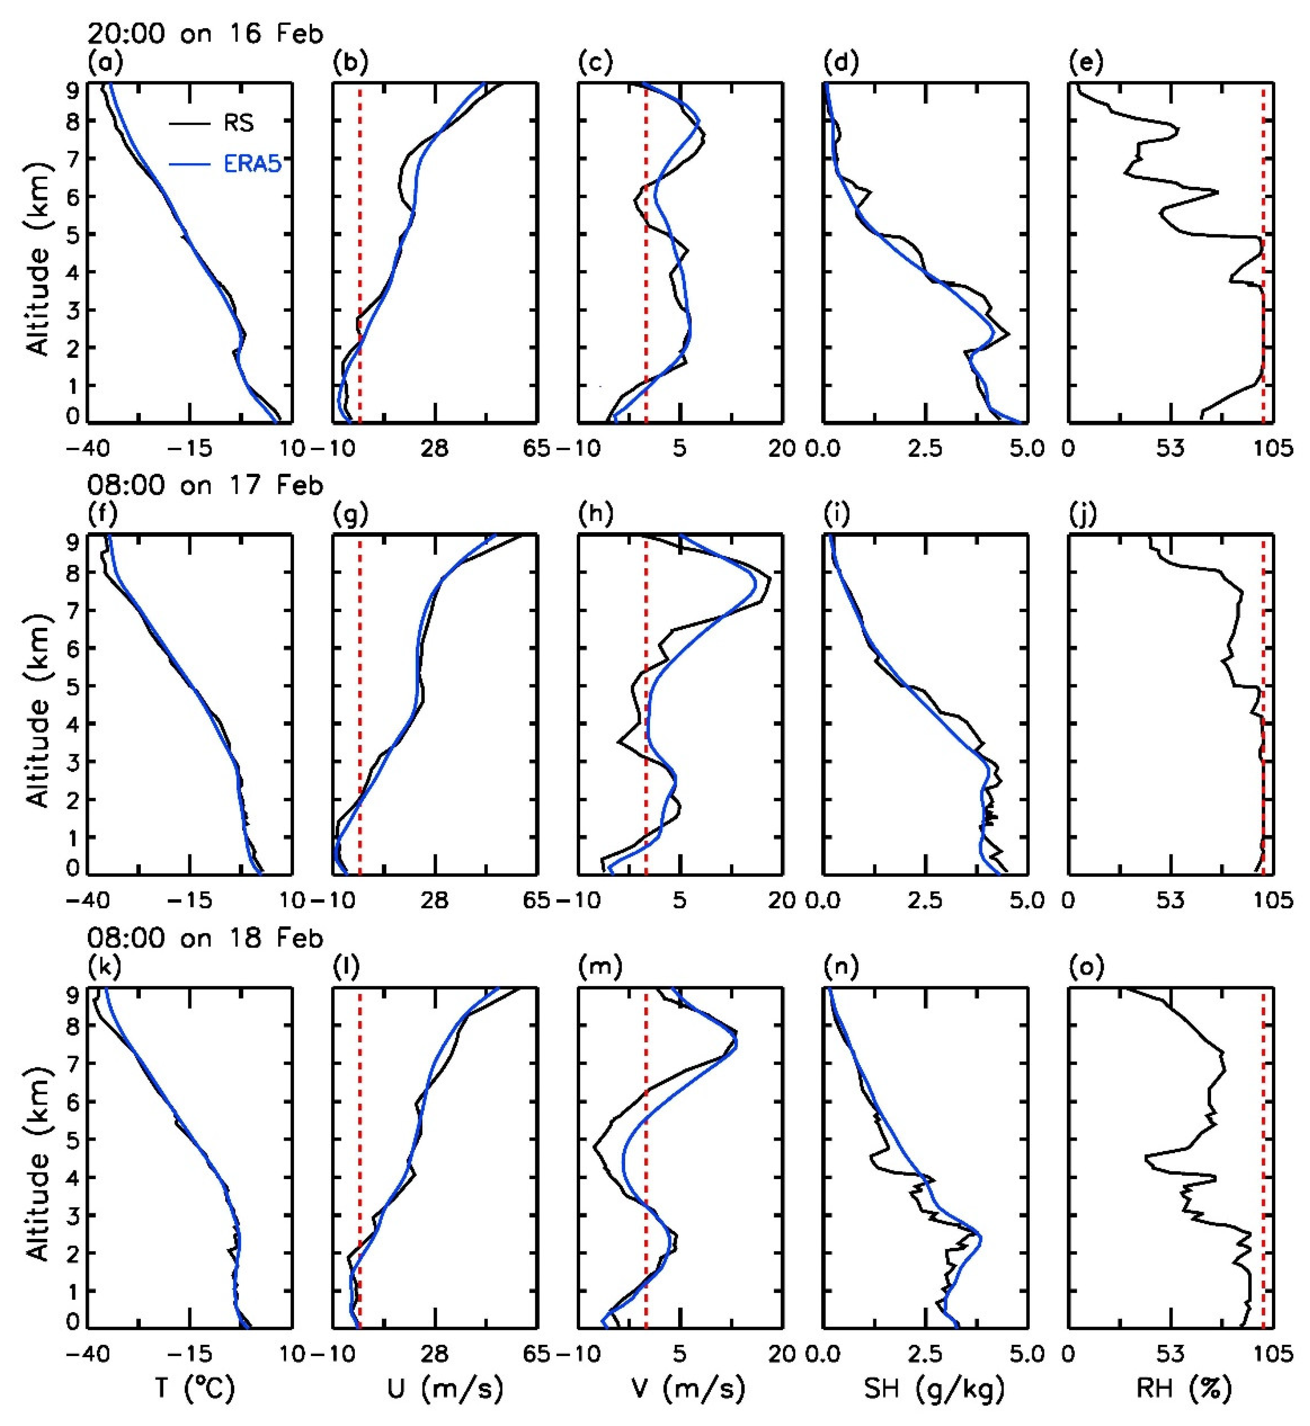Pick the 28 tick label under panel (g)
point(435,900)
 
